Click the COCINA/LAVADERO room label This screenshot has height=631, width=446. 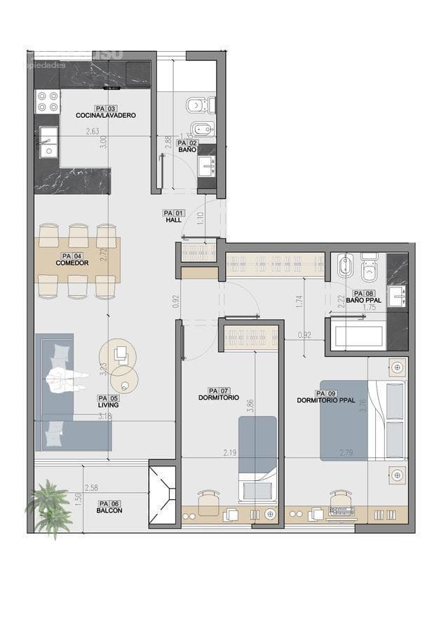point(106,116)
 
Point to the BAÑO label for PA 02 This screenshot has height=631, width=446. point(187,150)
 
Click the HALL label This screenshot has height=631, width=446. point(174,220)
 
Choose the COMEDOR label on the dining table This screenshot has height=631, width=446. point(72,263)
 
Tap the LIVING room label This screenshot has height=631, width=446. point(108,405)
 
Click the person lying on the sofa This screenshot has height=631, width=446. point(67,382)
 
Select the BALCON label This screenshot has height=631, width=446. point(109,510)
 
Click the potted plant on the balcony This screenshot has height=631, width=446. point(49,506)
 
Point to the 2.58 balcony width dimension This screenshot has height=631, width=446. point(91,487)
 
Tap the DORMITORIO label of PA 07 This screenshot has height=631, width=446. point(219,398)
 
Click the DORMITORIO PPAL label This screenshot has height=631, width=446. point(326,400)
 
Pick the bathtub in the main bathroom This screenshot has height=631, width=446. point(358,335)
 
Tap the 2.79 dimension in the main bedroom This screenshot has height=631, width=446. point(346,453)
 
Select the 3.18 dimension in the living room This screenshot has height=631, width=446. point(105,417)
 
